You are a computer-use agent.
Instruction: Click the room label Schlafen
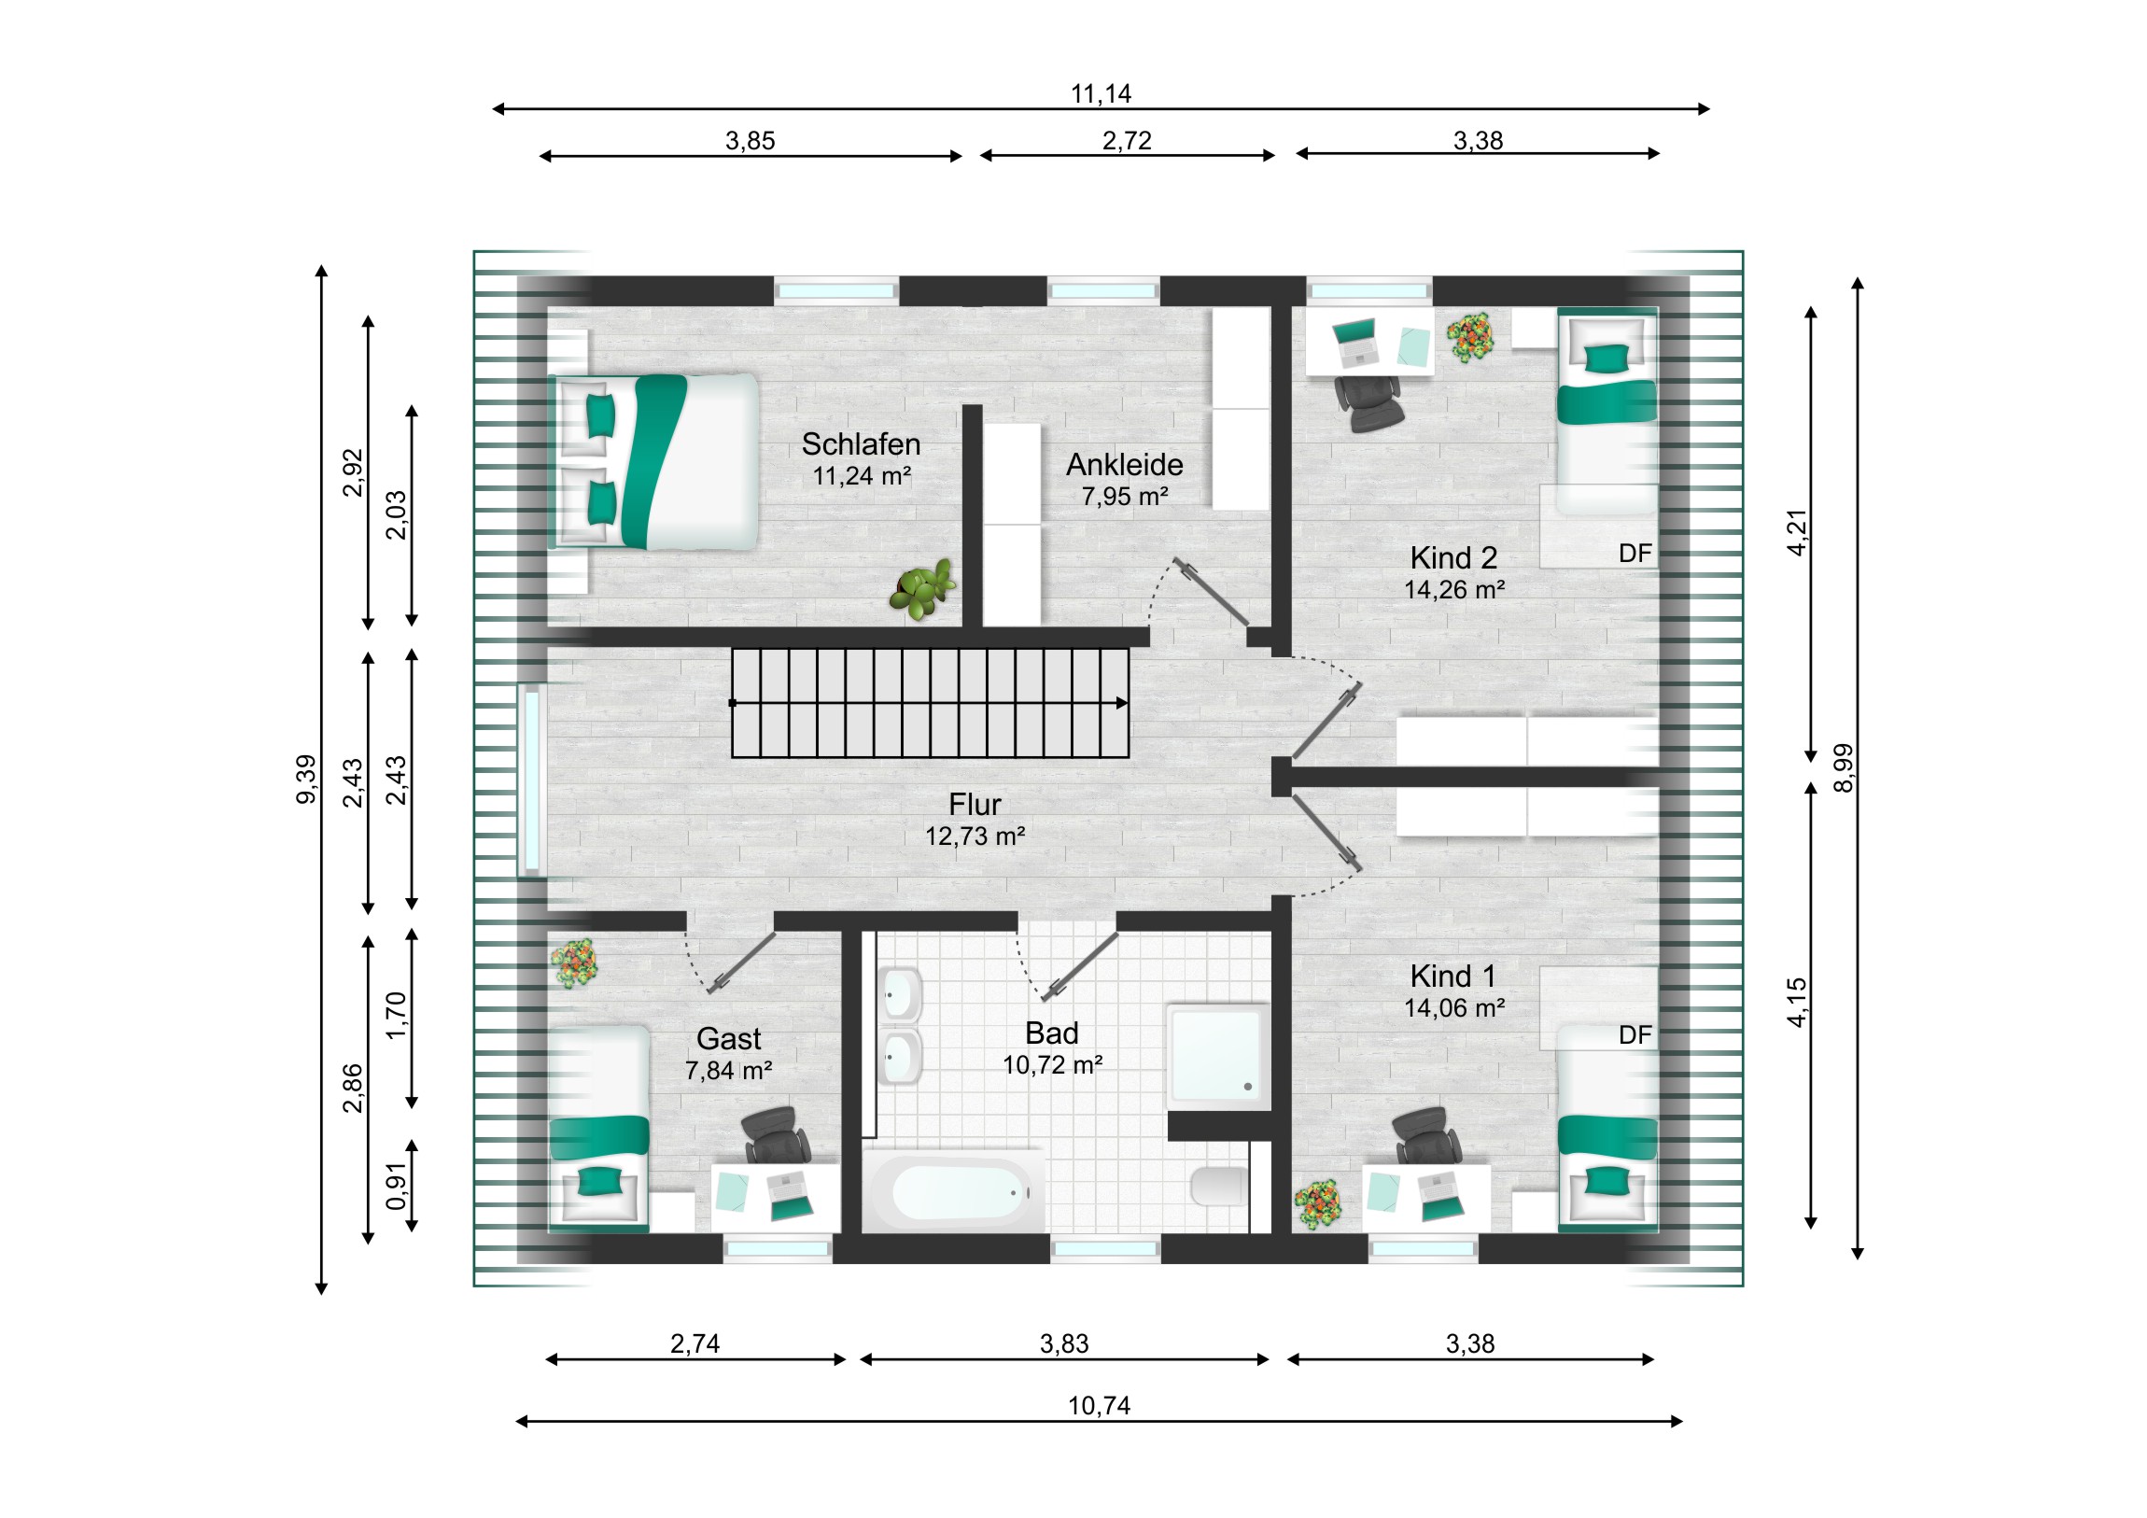point(861,443)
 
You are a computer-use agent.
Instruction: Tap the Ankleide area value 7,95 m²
point(1124,497)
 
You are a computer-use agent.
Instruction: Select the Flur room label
point(975,804)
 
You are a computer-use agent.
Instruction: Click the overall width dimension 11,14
point(1101,93)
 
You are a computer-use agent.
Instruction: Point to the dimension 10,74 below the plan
point(1099,1406)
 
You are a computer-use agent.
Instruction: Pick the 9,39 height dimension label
point(306,779)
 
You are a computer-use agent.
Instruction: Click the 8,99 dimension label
point(1842,768)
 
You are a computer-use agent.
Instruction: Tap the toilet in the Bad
point(1217,1186)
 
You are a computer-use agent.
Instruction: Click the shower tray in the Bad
point(1217,1057)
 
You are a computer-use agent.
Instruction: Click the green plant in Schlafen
point(922,589)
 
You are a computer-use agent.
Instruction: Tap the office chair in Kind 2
point(1369,403)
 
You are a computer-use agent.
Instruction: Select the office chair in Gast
point(776,1134)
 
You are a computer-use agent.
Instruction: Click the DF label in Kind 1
point(1635,1034)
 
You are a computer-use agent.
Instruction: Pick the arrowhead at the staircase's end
point(1122,702)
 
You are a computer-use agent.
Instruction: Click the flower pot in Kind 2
point(1470,337)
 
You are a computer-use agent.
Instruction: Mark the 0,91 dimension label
point(397,1185)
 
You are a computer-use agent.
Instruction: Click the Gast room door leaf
point(741,963)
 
